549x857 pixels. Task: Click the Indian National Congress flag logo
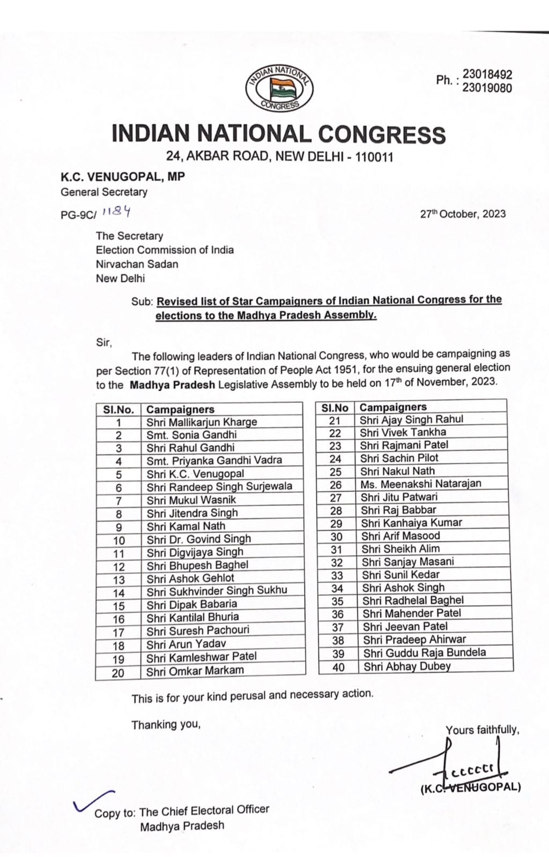[x=279, y=88]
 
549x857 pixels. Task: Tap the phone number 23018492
[x=487, y=74]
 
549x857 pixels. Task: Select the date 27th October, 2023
[x=463, y=214]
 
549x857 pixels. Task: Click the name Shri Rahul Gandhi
[x=190, y=448]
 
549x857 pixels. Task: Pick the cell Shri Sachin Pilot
[x=399, y=458]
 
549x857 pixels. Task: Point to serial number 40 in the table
[x=338, y=667]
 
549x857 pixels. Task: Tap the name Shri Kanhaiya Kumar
[x=411, y=523]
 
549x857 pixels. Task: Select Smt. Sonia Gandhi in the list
[x=191, y=435]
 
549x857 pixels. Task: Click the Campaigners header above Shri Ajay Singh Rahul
[x=393, y=407]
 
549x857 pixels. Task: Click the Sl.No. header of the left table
[x=118, y=410]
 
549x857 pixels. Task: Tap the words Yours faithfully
[x=482, y=730]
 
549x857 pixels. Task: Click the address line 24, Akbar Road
[x=279, y=157]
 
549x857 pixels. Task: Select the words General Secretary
[x=103, y=192]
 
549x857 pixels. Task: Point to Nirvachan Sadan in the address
[x=137, y=264]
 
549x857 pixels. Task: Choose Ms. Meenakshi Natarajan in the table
[x=420, y=484]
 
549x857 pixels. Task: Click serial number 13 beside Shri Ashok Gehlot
[x=118, y=580]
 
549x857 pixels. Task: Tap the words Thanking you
[x=166, y=725]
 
